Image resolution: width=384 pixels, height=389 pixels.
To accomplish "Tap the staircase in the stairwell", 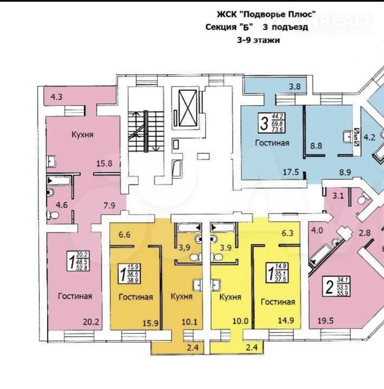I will click(145, 131).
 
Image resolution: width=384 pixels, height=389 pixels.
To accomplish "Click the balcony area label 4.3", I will click(56, 97).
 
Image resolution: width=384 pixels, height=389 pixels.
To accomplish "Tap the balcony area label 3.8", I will click(295, 87).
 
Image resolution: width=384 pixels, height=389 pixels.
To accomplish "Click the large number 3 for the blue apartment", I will click(265, 124).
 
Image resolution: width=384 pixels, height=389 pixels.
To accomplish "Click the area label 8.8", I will click(316, 146).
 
